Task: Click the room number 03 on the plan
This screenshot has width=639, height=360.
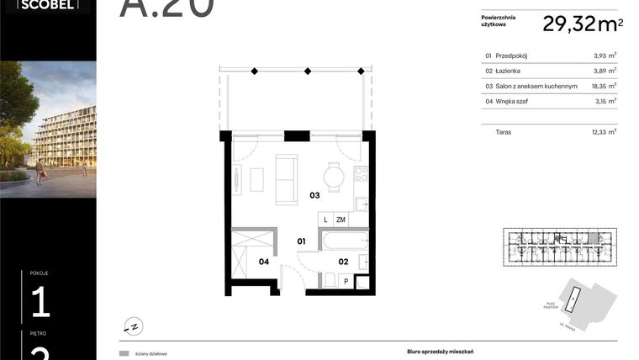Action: (x=314, y=195)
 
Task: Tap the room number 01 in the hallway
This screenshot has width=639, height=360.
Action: (x=301, y=241)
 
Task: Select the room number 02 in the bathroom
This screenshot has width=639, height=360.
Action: (x=343, y=262)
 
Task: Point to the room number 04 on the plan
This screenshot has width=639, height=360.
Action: (x=263, y=262)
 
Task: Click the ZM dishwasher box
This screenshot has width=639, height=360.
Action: (x=341, y=220)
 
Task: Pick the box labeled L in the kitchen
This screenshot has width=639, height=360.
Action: (x=325, y=220)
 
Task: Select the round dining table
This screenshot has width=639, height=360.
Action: (x=335, y=177)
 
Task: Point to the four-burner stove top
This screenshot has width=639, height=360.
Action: (x=361, y=175)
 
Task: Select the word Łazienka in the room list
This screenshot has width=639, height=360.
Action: (x=510, y=71)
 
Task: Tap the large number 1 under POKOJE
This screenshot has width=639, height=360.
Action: (x=40, y=301)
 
